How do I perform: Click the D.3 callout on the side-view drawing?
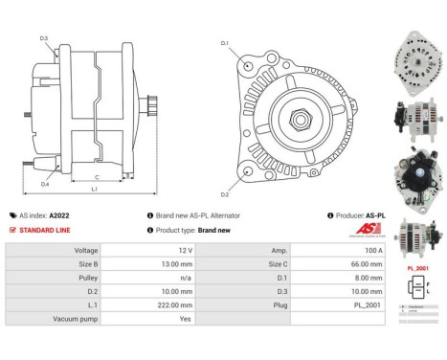(x=45, y=38)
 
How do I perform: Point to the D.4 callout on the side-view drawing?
(x=45, y=184)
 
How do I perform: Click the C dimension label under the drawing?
(x=97, y=177)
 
